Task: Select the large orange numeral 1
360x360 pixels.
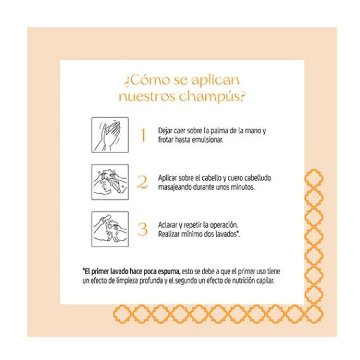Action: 143,134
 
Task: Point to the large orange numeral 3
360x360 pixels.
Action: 143,229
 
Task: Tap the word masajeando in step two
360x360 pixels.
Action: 175,187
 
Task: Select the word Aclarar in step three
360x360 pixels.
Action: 168,224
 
